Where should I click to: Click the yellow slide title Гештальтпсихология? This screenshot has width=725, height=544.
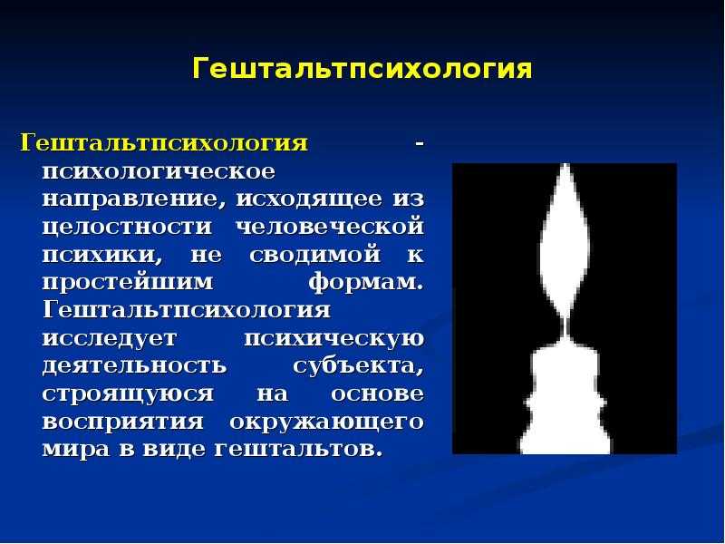[362, 70]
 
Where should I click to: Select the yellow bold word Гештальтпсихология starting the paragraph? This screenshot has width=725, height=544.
[164, 143]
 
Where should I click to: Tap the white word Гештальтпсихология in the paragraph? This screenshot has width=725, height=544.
[187, 310]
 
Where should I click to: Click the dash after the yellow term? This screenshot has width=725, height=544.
[419, 144]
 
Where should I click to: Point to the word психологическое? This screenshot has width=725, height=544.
[159, 171]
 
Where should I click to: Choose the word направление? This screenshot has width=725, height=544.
[130, 199]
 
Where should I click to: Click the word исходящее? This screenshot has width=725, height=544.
[309, 199]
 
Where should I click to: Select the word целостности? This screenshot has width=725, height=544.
[127, 228]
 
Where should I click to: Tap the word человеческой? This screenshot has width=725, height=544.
[330, 227]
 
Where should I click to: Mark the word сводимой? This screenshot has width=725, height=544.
[314, 256]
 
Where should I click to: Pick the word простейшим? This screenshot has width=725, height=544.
[128, 283]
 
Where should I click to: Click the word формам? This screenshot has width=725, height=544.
[366, 282]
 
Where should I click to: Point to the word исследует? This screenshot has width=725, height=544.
[110, 338]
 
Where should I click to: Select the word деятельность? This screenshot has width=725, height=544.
[134, 366]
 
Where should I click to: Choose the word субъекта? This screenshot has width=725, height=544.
[358, 366]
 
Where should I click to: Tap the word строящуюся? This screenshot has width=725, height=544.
[128, 394]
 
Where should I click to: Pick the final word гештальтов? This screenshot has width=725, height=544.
[299, 450]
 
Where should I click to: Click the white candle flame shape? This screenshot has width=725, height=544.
[565, 240]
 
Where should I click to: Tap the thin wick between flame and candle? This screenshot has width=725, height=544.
[565, 328]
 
